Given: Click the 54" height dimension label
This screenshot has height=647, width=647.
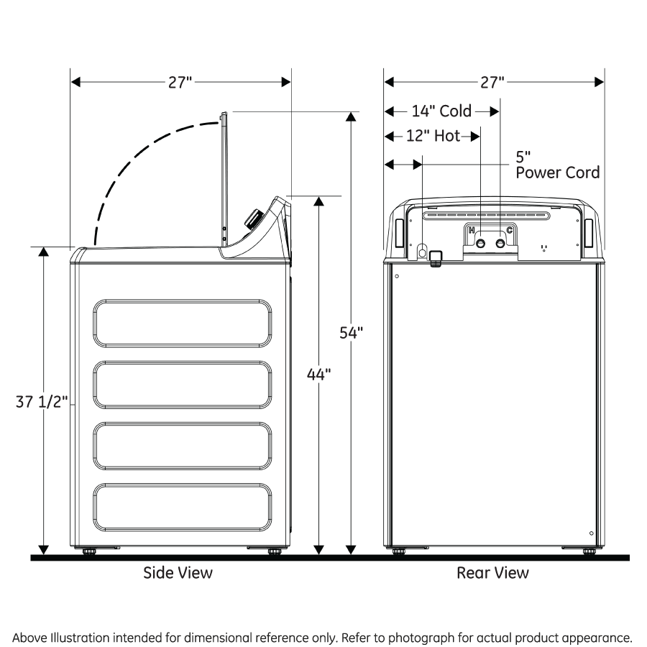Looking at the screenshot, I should (352, 333).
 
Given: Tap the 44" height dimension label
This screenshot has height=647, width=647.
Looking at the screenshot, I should (318, 375).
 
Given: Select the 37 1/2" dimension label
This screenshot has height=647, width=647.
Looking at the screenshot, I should (42, 402).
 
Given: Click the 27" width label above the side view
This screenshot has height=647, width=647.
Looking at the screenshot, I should (180, 82).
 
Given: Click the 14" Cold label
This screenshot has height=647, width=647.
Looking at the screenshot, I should (441, 111).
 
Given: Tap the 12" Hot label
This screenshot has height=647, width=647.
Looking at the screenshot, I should (433, 137).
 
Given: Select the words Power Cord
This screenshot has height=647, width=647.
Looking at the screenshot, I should (557, 173).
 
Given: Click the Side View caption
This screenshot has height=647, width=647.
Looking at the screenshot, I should (178, 573).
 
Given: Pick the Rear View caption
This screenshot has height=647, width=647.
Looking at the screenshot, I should (492, 573).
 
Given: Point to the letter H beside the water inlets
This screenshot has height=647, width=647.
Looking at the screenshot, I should (472, 230).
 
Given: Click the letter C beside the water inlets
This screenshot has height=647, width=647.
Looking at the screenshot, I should (510, 230).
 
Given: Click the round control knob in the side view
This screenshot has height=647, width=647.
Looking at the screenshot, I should (253, 219).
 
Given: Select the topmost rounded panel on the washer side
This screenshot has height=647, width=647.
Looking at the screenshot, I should (183, 323).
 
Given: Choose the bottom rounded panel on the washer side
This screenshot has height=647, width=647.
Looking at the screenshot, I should (183, 507).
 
